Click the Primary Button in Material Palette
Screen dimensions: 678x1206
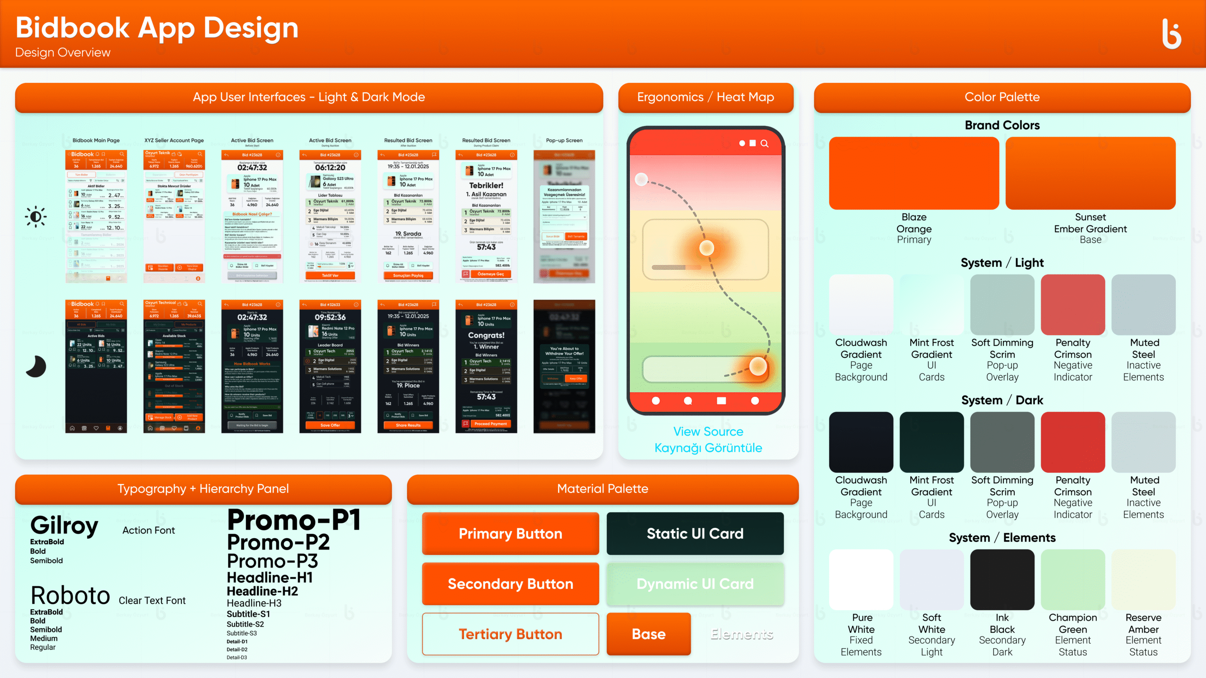click(510, 533)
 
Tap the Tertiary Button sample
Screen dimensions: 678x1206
click(510, 634)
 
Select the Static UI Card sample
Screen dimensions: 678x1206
click(695, 533)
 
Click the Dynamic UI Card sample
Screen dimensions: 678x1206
click(695, 584)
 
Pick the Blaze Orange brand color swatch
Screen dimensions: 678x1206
click(914, 173)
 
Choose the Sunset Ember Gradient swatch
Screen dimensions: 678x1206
click(1090, 173)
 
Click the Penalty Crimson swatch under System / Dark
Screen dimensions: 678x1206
click(1073, 442)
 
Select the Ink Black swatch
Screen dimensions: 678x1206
click(1002, 580)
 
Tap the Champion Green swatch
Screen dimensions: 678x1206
click(1073, 580)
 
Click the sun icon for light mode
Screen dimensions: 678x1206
click(36, 217)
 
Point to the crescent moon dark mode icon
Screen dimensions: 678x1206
click(36, 367)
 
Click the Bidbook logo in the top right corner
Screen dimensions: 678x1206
click(1172, 34)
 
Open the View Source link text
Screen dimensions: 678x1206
click(708, 431)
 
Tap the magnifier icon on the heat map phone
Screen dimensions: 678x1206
click(765, 144)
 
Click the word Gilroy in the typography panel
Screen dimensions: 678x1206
click(65, 525)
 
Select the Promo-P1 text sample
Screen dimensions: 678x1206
click(294, 521)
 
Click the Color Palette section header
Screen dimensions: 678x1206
click(1002, 97)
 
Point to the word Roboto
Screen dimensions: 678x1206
click(70, 595)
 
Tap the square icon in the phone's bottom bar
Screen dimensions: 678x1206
click(721, 401)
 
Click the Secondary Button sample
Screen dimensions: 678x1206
click(510, 584)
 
